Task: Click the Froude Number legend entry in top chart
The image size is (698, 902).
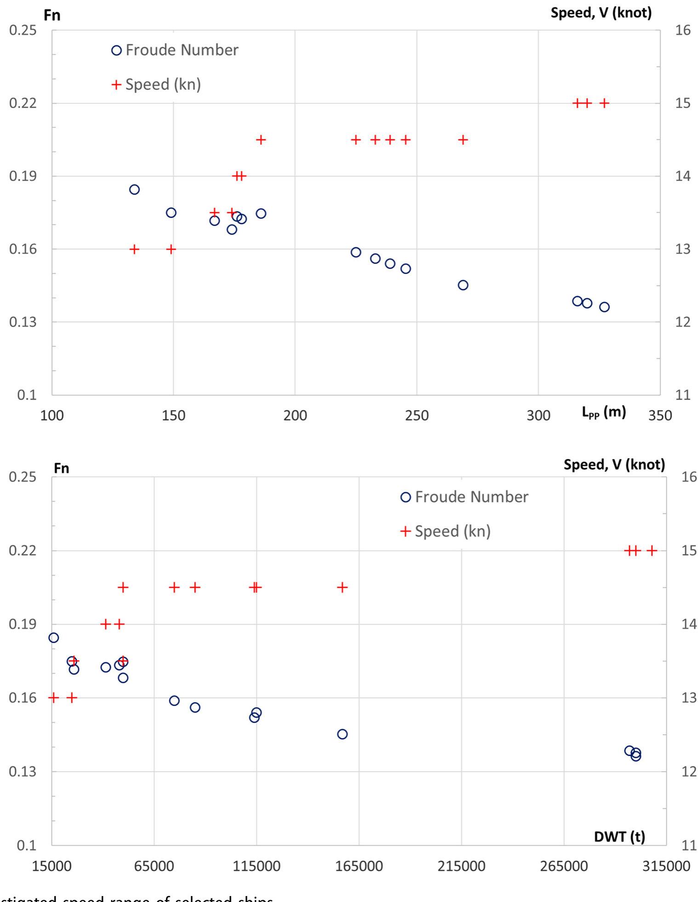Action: [x=175, y=50]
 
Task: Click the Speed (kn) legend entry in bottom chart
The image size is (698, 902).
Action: [x=446, y=531]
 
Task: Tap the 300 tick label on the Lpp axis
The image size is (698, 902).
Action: [x=538, y=416]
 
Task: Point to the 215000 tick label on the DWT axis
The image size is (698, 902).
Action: [x=461, y=866]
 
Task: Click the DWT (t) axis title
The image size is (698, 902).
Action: [x=619, y=837]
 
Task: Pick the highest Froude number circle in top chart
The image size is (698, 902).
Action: [x=134, y=189]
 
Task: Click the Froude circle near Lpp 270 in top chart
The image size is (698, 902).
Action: [x=463, y=285]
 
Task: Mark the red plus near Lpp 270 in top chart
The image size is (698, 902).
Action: [x=463, y=140]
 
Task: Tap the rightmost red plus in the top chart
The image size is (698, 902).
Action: [x=604, y=103]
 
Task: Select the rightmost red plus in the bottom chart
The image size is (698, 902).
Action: [x=652, y=550]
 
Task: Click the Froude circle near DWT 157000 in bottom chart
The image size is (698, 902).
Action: [x=342, y=734]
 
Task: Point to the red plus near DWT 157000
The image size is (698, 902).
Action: [x=342, y=587]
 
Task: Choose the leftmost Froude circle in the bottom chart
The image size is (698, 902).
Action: [x=54, y=638]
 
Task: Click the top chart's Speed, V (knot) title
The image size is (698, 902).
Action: [x=601, y=13]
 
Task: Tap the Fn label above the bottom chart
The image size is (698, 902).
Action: [x=62, y=468]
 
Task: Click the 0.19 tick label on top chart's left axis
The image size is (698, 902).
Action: [x=22, y=176]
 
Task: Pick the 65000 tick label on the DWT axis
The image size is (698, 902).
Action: [x=154, y=866]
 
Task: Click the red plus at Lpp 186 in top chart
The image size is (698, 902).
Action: [x=261, y=140]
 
